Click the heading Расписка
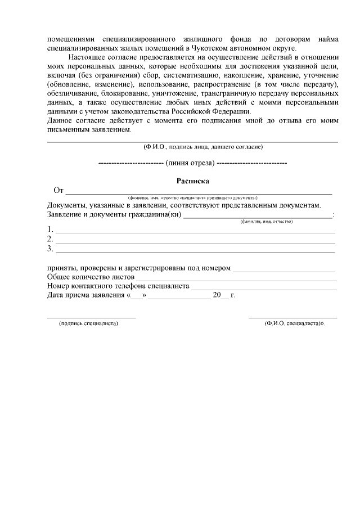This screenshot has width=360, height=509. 193,181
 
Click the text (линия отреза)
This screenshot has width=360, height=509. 192,163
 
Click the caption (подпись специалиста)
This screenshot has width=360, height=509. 89,324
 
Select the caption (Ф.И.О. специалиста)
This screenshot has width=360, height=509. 294,324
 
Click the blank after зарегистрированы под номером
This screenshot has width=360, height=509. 284,268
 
